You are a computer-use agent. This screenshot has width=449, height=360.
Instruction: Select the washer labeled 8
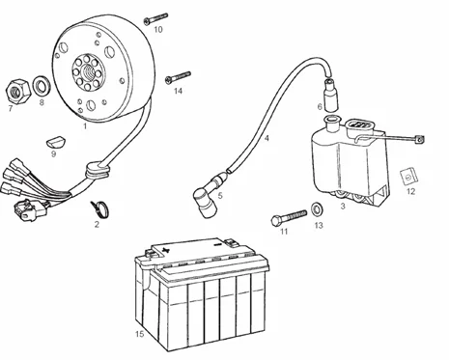[x=42, y=86]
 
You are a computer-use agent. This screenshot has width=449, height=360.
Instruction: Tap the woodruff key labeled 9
[x=55, y=142]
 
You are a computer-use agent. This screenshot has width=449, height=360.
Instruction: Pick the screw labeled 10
[x=156, y=18]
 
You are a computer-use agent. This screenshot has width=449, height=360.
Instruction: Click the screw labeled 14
[x=178, y=77]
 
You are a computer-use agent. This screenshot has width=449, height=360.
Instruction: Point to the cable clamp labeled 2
[x=99, y=208]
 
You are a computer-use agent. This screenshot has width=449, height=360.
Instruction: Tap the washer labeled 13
[x=318, y=208]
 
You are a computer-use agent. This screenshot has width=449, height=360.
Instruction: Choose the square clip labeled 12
[x=408, y=177]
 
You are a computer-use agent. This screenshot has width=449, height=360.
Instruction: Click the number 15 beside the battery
[x=140, y=334]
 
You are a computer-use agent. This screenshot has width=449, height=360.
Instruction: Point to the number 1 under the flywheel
[x=85, y=125]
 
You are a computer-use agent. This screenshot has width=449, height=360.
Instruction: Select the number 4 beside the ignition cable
[x=267, y=138]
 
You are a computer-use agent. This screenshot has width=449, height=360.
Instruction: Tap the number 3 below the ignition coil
[x=343, y=206]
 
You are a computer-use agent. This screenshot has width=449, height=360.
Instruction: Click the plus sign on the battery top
[x=165, y=249]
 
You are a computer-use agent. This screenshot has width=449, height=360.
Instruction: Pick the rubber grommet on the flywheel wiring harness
[x=96, y=170]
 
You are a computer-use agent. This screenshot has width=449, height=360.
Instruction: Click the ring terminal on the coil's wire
[x=419, y=139]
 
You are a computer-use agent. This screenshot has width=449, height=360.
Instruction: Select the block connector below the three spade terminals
[x=30, y=208]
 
